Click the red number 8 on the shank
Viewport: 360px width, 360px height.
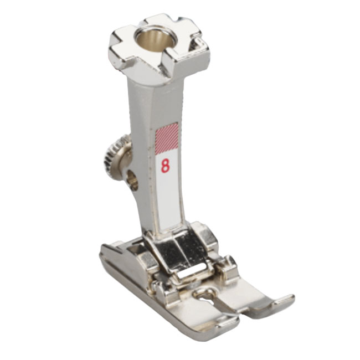point(165,166)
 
